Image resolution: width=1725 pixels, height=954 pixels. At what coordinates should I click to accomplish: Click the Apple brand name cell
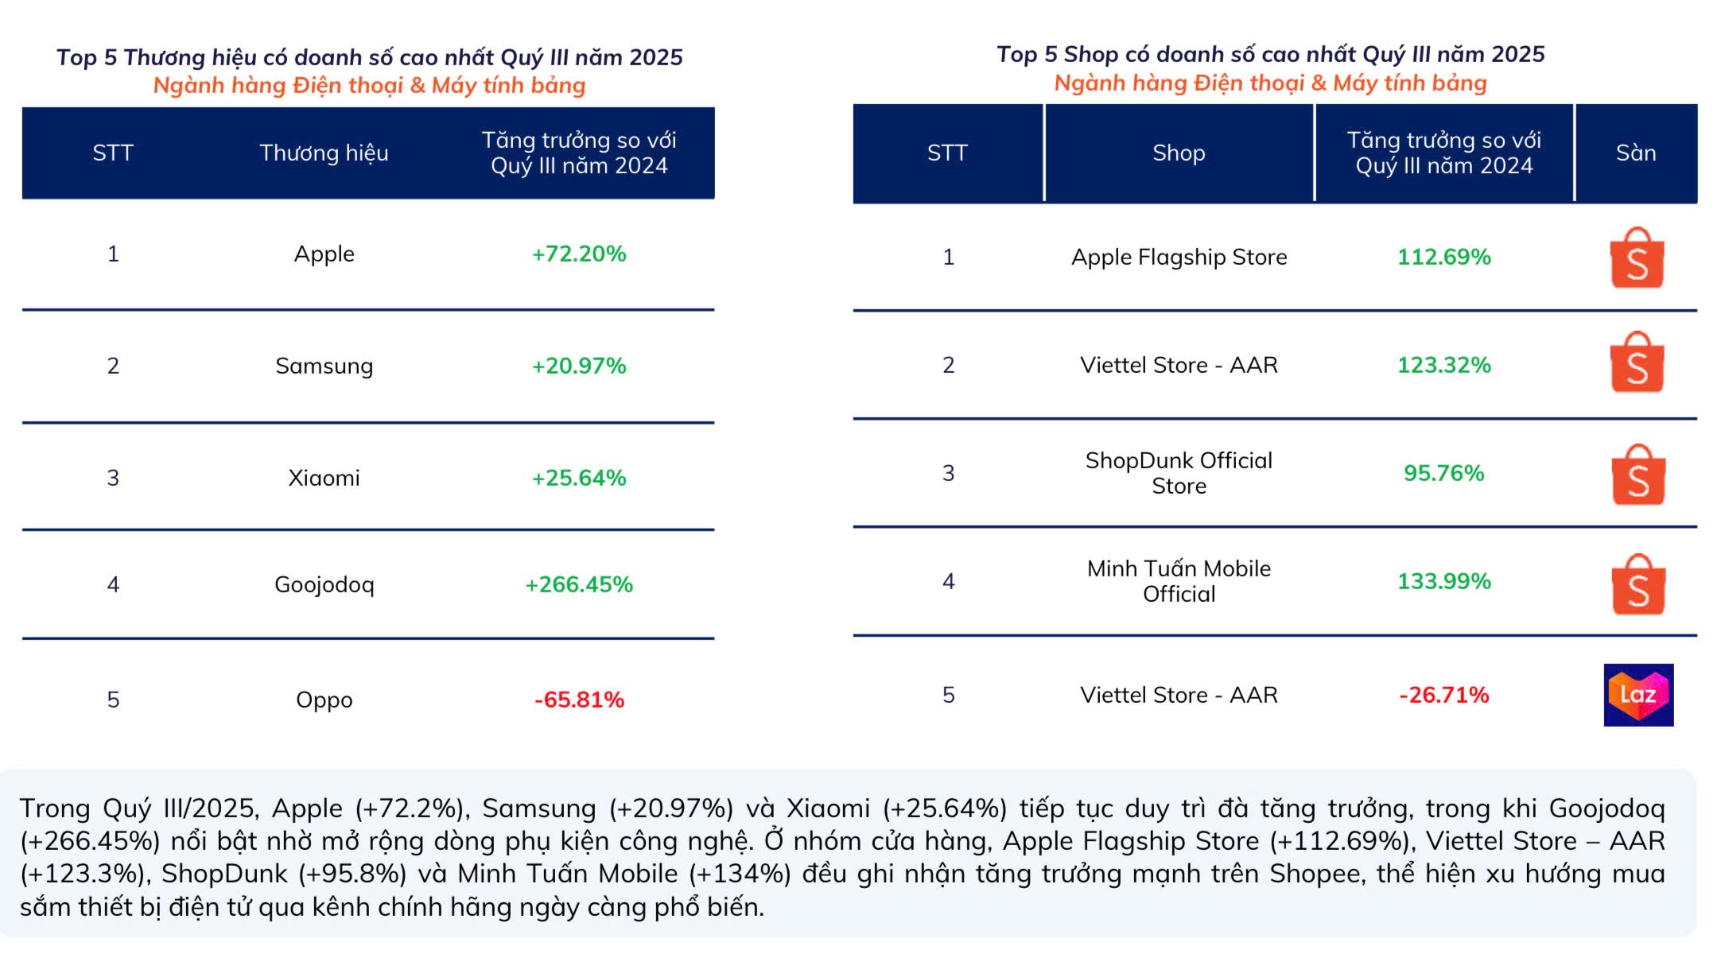(324, 254)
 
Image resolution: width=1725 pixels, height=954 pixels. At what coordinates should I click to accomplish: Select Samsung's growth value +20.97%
(578, 366)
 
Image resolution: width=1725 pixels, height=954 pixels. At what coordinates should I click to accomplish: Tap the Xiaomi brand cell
(324, 478)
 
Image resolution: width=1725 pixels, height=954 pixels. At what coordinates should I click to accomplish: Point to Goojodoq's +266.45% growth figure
(578, 584)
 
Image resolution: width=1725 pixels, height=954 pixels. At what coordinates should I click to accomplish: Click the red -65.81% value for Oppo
(578, 700)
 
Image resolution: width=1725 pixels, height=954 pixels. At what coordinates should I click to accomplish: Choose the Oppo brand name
(324, 700)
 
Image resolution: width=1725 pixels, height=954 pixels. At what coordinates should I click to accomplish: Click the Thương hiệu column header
(324, 153)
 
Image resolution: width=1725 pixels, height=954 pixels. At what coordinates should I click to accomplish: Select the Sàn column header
(1635, 153)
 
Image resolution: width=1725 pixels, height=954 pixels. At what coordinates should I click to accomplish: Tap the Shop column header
(1179, 153)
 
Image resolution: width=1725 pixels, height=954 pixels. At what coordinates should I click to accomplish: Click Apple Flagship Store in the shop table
(1179, 257)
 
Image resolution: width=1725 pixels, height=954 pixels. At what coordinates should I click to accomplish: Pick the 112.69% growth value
(1443, 257)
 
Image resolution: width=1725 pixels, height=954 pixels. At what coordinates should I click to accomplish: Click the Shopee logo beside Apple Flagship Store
(1637, 258)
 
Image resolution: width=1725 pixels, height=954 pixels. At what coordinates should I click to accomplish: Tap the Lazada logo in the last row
(1638, 695)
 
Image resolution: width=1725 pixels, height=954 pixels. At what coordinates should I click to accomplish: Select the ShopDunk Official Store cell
(1179, 473)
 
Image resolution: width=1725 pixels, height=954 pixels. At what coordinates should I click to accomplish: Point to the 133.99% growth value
(1443, 581)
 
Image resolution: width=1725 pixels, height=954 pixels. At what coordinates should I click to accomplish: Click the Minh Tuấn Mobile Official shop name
(1179, 581)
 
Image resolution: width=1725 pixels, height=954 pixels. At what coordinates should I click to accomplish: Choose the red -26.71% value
(1443, 695)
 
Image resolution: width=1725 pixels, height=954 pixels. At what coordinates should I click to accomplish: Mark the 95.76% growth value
(1443, 473)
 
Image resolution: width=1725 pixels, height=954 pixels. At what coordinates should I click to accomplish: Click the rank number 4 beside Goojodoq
(113, 584)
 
